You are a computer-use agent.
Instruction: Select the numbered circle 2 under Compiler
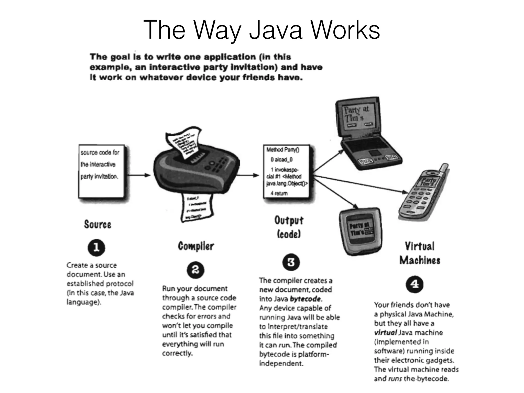(x=195, y=270)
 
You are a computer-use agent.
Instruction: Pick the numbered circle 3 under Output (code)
(x=291, y=262)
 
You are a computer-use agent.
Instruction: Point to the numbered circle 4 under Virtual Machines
(x=414, y=284)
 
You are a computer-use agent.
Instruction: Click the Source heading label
(x=97, y=224)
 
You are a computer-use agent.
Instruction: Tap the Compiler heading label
(x=196, y=246)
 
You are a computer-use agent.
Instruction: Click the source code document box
(x=103, y=171)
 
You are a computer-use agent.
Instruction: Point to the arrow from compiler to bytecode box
(x=247, y=175)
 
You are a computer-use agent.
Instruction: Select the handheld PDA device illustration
(x=361, y=232)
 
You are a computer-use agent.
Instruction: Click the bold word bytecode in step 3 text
(x=305, y=299)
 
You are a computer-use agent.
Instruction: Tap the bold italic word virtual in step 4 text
(x=385, y=333)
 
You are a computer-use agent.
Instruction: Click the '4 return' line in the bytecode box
(x=279, y=193)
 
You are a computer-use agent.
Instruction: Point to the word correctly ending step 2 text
(x=177, y=353)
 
